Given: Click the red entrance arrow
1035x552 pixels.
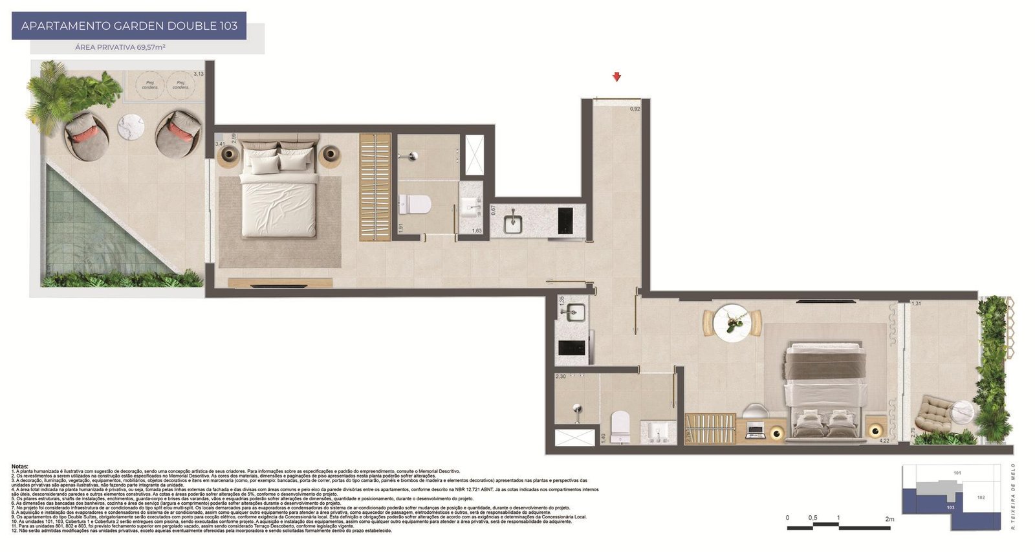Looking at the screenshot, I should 617,77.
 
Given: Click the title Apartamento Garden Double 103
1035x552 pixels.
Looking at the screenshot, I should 129,26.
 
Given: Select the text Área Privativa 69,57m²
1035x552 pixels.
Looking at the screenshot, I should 120,47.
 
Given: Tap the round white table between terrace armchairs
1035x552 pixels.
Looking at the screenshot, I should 133,123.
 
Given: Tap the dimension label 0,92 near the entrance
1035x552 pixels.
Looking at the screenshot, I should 635,109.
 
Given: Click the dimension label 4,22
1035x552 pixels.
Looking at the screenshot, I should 884,441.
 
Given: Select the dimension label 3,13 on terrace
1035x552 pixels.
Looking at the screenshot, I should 199,74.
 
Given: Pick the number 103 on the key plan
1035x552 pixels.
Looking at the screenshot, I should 950,507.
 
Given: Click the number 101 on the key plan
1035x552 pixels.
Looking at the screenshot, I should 957,473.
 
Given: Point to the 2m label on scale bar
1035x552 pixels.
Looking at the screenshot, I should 889,518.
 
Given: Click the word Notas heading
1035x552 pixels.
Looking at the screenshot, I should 19,466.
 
